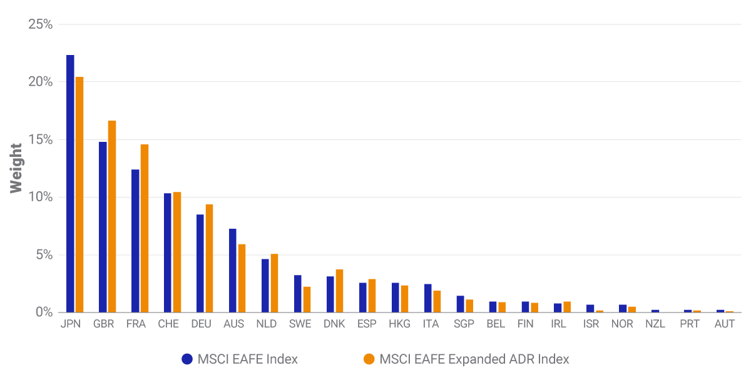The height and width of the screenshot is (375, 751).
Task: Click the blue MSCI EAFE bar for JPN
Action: (x=70, y=184)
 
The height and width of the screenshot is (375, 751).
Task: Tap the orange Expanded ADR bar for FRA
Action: (x=145, y=228)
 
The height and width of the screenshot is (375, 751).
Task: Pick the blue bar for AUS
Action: (x=233, y=271)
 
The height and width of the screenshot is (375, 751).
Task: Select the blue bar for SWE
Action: (x=298, y=294)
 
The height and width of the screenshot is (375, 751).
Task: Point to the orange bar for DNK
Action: (x=340, y=291)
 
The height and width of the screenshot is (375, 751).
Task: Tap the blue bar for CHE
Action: (x=168, y=252)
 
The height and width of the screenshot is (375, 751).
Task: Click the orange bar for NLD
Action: (x=275, y=283)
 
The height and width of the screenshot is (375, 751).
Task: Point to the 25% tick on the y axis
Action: (x=40, y=24)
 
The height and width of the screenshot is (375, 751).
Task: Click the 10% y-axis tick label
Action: (x=40, y=197)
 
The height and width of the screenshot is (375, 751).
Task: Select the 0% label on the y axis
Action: (x=44, y=312)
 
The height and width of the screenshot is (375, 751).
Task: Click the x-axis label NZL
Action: (x=655, y=324)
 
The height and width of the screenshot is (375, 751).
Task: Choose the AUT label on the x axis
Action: (x=725, y=324)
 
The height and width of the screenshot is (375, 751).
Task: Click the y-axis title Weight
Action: (x=16, y=168)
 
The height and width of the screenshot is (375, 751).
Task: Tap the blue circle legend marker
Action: (x=186, y=359)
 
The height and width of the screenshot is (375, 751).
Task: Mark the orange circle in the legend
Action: (x=369, y=359)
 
